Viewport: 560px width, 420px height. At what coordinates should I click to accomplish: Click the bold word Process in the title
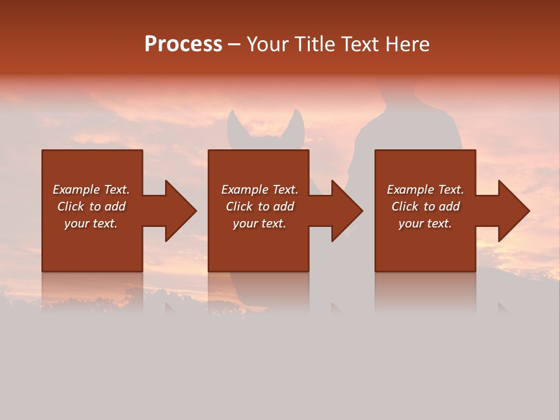[x=183, y=44]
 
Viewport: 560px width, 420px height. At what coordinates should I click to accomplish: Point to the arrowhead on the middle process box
[x=346, y=211]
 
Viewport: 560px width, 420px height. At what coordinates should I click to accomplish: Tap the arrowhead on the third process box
[x=513, y=211]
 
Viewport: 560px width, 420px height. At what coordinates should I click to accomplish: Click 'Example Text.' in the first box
[x=91, y=190]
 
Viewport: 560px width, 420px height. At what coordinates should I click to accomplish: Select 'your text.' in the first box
[x=91, y=223]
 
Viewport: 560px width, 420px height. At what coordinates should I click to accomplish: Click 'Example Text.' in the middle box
[x=260, y=190]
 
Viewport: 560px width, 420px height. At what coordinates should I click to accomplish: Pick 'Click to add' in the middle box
[x=260, y=206]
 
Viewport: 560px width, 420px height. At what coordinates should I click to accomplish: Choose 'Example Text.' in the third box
[x=425, y=190]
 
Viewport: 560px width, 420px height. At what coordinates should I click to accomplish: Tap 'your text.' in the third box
[x=425, y=223]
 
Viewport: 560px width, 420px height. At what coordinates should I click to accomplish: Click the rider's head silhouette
[x=398, y=93]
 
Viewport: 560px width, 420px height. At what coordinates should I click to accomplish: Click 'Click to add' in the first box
[x=91, y=206]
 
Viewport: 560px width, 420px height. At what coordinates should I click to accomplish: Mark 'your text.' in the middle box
[x=260, y=223]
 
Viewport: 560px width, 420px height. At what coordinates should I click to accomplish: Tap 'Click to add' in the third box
[x=425, y=206]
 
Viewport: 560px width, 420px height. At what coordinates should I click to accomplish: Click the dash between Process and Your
[x=234, y=45]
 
